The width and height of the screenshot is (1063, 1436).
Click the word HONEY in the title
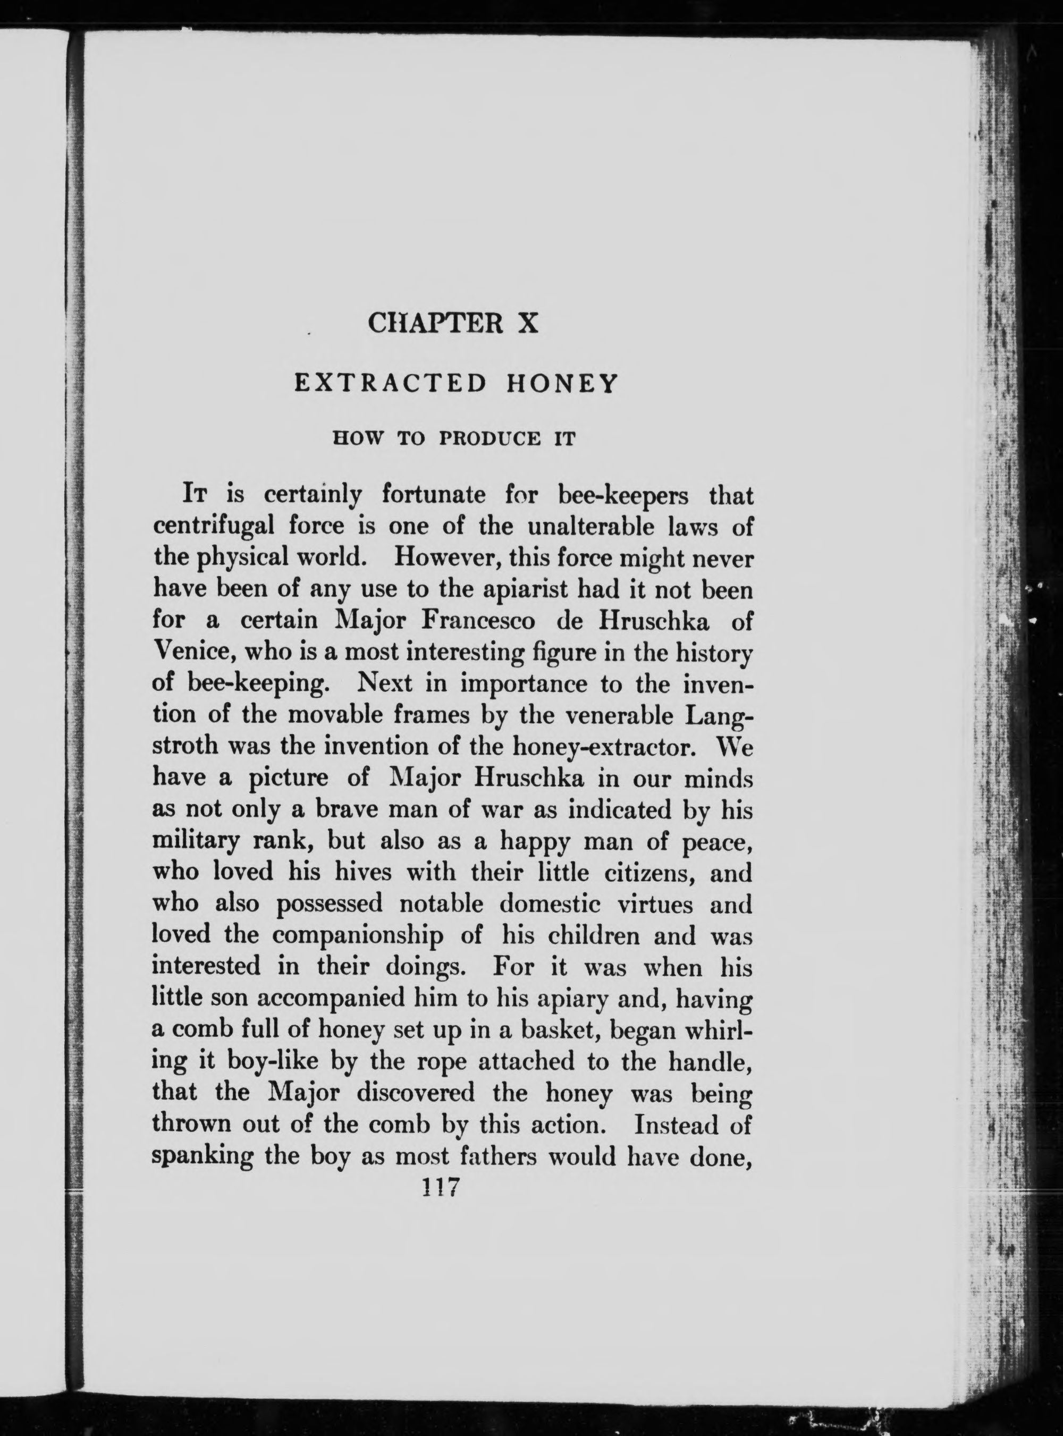pyautogui.click(x=562, y=384)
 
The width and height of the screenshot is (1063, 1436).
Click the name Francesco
pyautogui.click(x=478, y=621)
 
